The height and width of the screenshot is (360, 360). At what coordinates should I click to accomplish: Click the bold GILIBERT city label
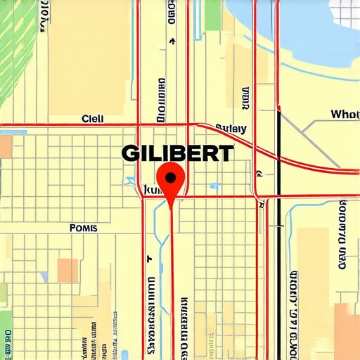pos(178,153)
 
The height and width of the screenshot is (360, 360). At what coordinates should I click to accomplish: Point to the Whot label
pos(345,114)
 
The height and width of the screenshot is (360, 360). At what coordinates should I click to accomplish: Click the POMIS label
pos(84,228)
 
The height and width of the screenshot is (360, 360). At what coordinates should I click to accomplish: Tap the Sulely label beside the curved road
pos(231,129)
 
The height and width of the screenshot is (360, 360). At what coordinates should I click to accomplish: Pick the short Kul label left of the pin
pos(152,189)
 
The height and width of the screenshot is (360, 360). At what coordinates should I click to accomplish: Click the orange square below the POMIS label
pos(67,269)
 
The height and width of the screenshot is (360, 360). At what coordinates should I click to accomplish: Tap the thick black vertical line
pos(279,232)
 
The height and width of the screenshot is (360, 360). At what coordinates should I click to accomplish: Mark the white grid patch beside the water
pos(345,14)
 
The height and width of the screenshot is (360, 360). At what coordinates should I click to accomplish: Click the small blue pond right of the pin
pos(214,186)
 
